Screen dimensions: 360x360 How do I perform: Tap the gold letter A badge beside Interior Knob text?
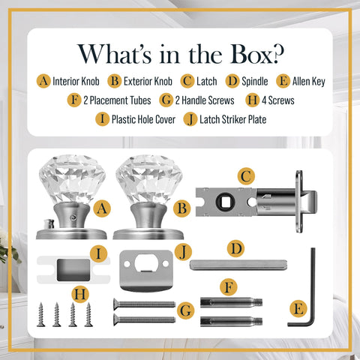point(43,81)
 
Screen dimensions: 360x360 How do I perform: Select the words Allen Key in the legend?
point(309,81)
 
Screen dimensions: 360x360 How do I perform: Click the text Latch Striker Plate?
point(232,119)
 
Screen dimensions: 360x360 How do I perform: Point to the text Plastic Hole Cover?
point(143,119)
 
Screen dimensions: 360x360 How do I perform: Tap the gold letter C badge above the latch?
point(246,176)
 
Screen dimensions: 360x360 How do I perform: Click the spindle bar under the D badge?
point(238,265)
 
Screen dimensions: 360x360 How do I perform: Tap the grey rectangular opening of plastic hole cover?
point(73,270)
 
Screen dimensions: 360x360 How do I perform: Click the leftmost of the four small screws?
point(41,314)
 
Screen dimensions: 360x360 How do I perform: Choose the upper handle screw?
point(144,304)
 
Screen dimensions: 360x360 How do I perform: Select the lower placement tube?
point(231,321)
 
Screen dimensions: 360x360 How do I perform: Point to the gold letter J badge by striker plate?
point(183,252)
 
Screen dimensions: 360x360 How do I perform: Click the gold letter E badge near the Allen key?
point(298,309)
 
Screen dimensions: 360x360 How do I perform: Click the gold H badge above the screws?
point(80,294)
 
